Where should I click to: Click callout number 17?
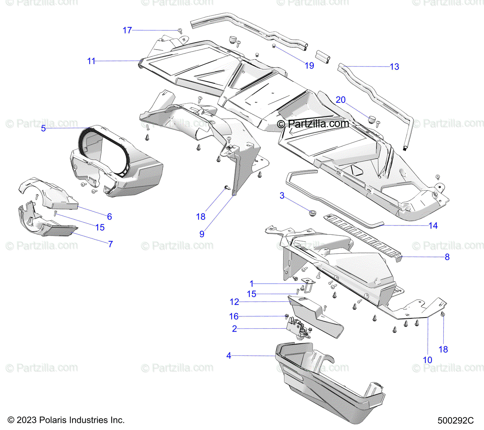pyautogui.click(x=127, y=30)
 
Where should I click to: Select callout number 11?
pyautogui.click(x=91, y=61)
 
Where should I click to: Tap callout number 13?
pyautogui.click(x=394, y=67)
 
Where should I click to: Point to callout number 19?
pyautogui.click(x=309, y=65)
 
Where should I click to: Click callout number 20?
pyautogui.click(x=341, y=100)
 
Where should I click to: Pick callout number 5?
pyautogui.click(x=44, y=128)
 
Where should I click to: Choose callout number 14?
pyautogui.click(x=433, y=225)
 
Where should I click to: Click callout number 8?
pyautogui.click(x=447, y=257)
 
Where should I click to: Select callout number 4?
pyautogui.click(x=229, y=356)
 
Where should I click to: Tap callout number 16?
pyautogui.click(x=234, y=317)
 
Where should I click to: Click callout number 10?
pyautogui.click(x=428, y=360)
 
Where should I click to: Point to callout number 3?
pyautogui.click(x=282, y=196)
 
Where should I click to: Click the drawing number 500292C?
pyautogui.click(x=455, y=420)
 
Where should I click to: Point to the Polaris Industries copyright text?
pyautogui.click(x=66, y=420)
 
